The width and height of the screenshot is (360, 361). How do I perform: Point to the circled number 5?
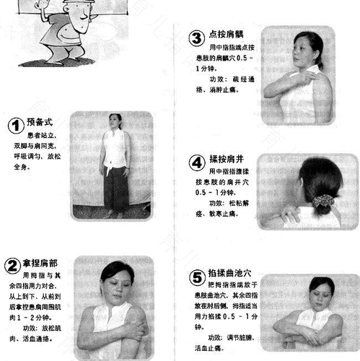[196, 276]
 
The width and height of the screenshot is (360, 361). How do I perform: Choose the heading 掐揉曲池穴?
[232, 274]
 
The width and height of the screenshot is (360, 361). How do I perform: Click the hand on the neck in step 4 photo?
[292, 214]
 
